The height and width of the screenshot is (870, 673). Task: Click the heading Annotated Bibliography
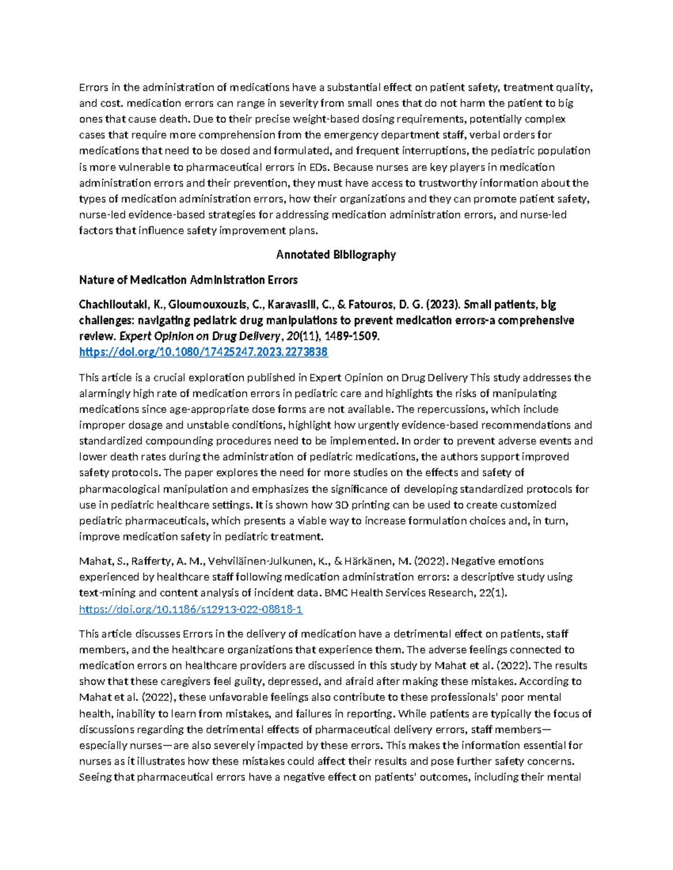pyautogui.click(x=336, y=255)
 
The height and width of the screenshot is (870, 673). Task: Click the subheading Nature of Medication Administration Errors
pyautogui.click(x=188, y=280)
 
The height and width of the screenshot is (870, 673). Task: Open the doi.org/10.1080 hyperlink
pyautogui.click(x=204, y=352)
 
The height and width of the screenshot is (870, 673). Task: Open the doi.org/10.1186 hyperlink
pyautogui.click(x=191, y=609)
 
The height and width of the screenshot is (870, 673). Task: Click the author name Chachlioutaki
pyautogui.click(x=110, y=305)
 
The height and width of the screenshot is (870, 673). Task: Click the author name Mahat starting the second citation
pyautogui.click(x=93, y=561)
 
